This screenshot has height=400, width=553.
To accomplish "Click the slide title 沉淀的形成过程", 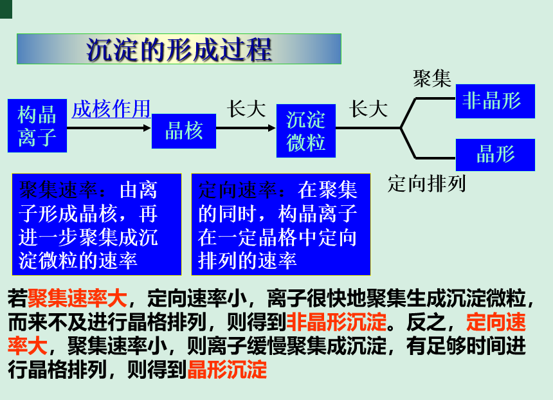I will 179,49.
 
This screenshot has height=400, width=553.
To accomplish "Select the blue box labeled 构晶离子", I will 37,125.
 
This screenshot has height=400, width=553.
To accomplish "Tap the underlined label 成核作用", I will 111,109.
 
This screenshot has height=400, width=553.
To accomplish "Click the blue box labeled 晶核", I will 183,131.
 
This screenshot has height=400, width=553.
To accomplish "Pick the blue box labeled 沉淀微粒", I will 306,131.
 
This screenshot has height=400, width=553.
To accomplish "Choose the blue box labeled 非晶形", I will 494,101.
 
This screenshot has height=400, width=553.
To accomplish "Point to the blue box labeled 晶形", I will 494,154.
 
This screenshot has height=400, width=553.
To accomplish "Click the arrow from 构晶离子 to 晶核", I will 109,128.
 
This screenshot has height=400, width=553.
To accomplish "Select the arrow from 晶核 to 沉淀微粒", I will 245,128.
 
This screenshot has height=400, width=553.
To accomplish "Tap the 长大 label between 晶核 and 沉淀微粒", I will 246,109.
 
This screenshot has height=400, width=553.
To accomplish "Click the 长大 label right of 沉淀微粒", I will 368,109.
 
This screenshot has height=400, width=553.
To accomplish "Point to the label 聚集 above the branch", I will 432,79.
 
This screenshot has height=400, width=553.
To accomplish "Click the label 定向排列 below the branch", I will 426,184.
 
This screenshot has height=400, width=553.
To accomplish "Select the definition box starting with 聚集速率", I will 96,224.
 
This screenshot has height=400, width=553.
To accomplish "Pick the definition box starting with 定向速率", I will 280,224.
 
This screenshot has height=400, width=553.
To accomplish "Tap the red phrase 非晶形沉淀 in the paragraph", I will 336,321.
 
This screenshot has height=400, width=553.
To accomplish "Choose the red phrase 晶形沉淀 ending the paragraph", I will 226,370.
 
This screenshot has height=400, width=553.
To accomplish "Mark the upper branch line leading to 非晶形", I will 435,99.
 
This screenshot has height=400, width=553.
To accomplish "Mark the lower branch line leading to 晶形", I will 435,157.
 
